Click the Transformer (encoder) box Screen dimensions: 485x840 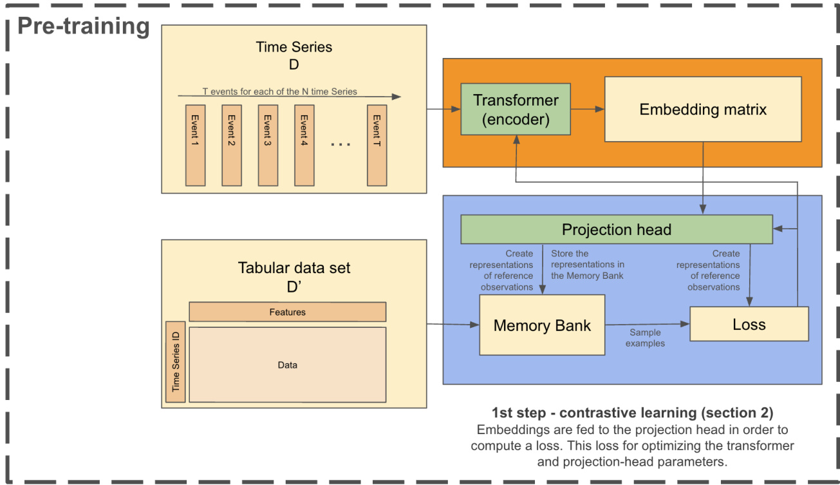coord(516,109)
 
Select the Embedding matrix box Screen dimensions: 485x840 coord(702,109)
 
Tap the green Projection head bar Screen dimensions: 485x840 coord(616,229)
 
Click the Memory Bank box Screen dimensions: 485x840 coord(542,325)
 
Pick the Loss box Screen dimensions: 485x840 coord(749,324)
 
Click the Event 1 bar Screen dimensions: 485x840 coord(195,145)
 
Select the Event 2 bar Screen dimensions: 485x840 coord(231,145)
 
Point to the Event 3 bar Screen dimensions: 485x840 coord(268,145)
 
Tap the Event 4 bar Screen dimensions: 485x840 coord(304,145)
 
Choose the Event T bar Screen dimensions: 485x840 coord(377,145)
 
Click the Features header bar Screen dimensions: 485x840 coord(287,312)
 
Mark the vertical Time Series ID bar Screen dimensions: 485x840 coord(175,361)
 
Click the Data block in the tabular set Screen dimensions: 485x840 coord(287,365)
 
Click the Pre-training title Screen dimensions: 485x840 coord(83,26)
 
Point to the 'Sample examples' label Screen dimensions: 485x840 coord(645,338)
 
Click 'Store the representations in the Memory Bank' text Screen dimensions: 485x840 coord(587,265)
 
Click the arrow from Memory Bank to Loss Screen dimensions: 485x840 coord(647,325)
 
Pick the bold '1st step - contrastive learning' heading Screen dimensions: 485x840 coord(632,413)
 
